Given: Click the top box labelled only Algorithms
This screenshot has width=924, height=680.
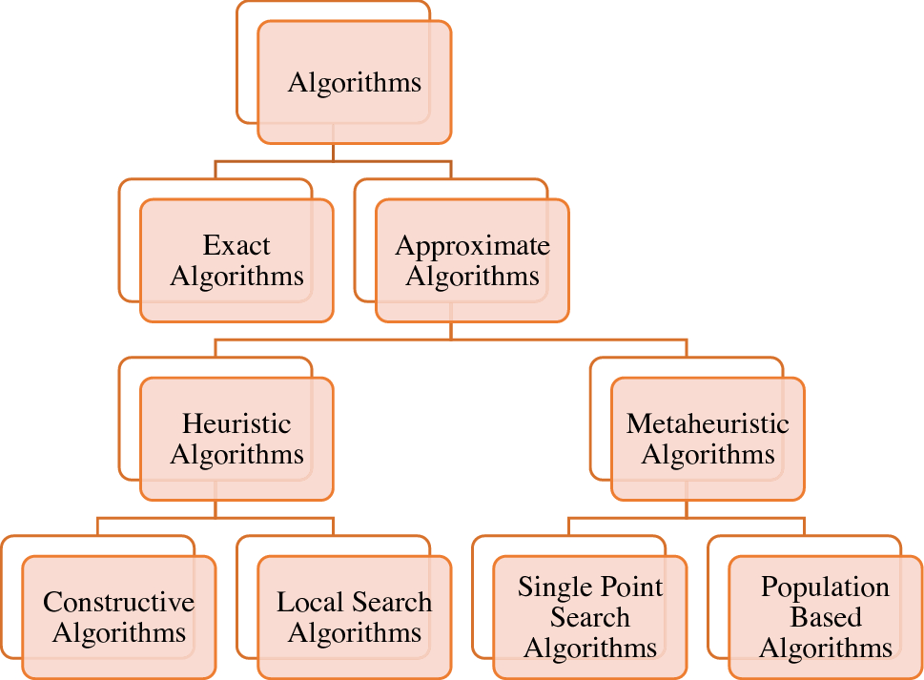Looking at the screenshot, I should pos(355,83).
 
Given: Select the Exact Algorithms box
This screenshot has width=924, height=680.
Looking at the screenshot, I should pos(236,260).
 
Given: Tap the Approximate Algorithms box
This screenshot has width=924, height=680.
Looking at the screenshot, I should pos(472,260).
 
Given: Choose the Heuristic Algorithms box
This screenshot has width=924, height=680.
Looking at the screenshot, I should pos(236,439).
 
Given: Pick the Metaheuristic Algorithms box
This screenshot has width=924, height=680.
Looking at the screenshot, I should pos(708,439).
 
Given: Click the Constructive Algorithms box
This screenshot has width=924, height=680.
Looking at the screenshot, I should pos(119,617).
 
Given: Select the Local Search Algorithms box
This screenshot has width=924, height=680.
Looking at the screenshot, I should pos(355,617).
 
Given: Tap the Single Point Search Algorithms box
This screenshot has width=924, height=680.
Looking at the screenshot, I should pos(589,617).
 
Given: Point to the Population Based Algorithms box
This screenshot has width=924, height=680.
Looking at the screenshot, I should pos(826,617).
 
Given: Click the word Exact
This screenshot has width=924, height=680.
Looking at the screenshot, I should pos(236,245).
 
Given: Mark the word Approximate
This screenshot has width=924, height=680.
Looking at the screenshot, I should pos(472,245).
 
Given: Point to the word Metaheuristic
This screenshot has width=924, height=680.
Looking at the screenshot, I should pos(708,423).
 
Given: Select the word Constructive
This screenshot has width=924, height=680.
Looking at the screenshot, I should pos(119,602).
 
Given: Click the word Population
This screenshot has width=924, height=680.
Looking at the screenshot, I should pos(826,587).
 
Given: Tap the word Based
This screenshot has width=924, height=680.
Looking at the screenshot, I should pos(826,617).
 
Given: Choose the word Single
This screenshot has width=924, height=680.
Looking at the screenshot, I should pos(550,587).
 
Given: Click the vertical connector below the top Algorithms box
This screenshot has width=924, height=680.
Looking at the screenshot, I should pos(332,153).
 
